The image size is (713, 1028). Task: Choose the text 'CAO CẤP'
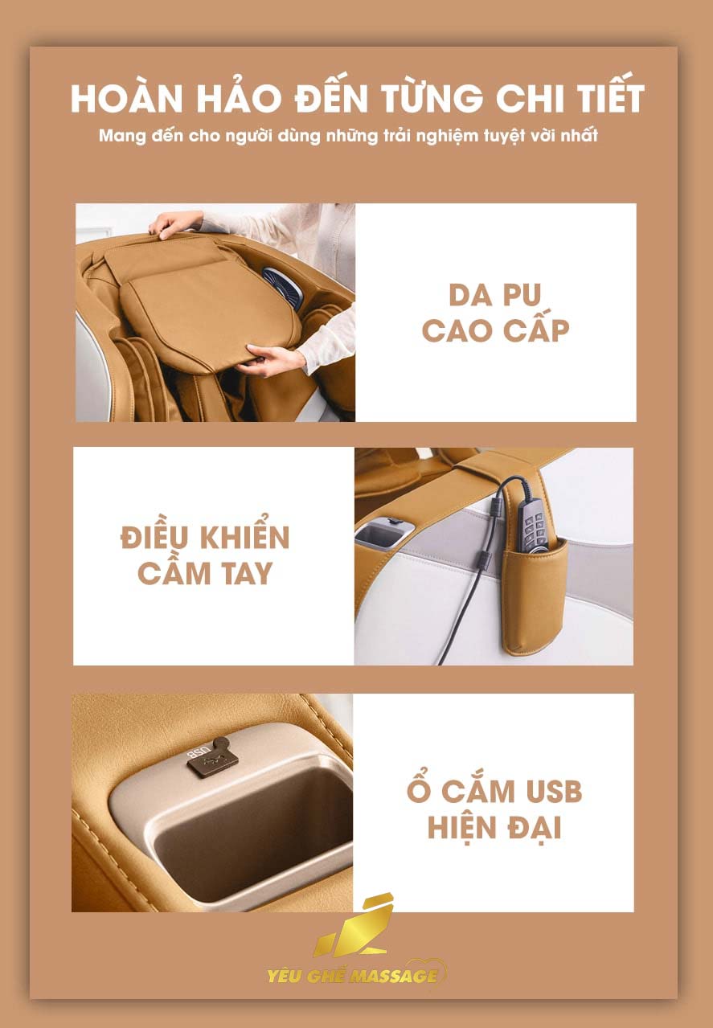pos(495,330)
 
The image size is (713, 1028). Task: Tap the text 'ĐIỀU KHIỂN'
pos(205,538)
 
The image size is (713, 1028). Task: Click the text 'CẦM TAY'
pos(205,573)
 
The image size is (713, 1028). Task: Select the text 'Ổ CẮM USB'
pos(494,791)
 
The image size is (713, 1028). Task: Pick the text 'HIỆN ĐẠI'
pos(494,827)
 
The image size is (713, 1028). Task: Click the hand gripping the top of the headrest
pos(174,223)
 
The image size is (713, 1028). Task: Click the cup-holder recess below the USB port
pos(241,836)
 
